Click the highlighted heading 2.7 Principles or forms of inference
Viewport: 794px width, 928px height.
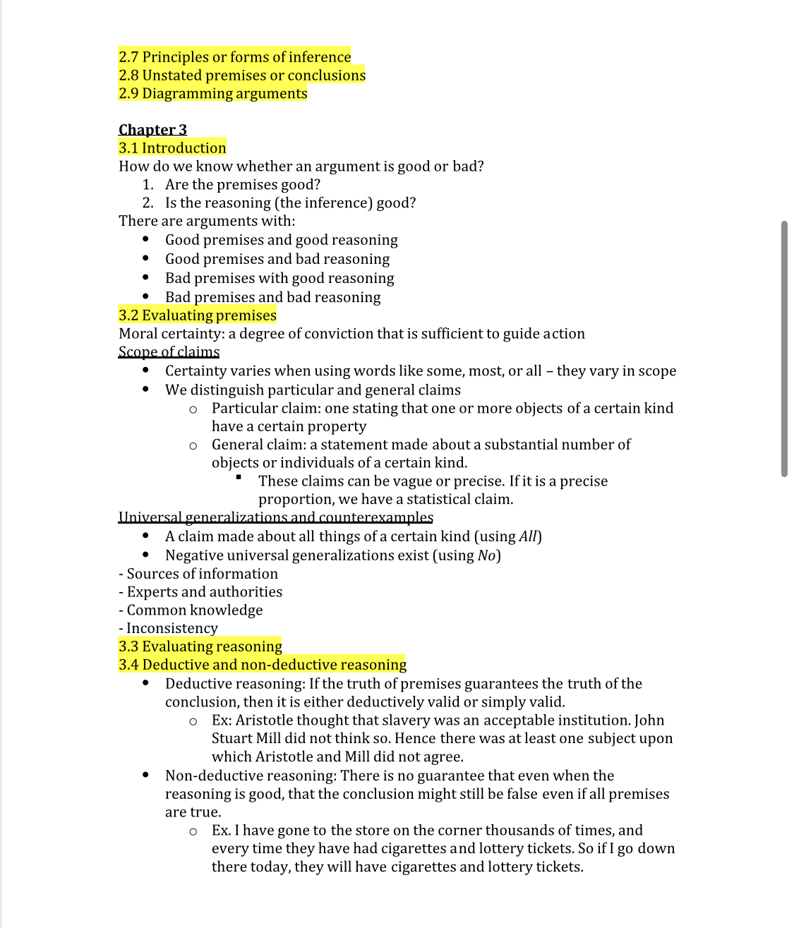coord(234,57)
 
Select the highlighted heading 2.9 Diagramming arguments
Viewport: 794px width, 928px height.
coord(212,94)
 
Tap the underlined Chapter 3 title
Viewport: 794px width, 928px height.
coord(152,130)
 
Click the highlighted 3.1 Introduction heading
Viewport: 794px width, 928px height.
coord(172,148)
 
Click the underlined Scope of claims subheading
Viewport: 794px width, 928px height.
coord(169,352)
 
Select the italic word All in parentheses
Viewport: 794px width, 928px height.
coord(528,537)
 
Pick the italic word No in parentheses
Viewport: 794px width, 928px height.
coord(486,556)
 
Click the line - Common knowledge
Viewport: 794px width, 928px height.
coord(191,610)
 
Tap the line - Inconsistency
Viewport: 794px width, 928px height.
coord(168,629)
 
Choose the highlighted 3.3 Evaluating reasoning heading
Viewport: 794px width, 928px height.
coord(200,647)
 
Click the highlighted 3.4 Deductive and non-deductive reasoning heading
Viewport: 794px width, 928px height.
coord(262,665)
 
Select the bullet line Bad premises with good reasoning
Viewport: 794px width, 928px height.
coord(279,279)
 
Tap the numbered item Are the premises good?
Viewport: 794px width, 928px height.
coord(242,185)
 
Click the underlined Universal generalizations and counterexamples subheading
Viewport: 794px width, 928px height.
coord(275,518)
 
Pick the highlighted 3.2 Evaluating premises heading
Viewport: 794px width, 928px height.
coord(197,315)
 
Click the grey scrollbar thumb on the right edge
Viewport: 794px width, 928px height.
coord(784,349)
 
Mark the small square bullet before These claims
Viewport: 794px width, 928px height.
coord(239,478)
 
